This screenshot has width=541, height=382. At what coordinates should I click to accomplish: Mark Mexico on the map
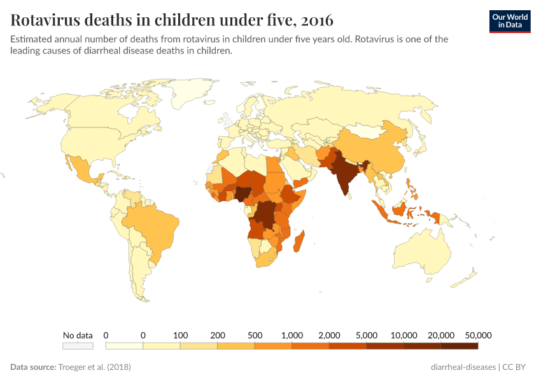[80, 169]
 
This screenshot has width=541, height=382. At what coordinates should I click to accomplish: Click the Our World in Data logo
[510, 20]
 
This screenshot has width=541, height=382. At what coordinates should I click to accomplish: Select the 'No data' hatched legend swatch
[78, 346]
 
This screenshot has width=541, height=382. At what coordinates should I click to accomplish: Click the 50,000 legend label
[478, 335]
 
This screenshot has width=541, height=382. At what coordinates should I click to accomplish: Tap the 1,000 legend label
[292, 335]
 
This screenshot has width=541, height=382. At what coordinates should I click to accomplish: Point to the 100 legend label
[180, 335]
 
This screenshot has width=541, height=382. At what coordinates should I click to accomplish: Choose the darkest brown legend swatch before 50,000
[459, 346]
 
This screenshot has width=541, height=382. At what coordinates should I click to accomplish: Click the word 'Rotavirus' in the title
[47, 20]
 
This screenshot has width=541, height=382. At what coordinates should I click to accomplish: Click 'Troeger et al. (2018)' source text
[94, 367]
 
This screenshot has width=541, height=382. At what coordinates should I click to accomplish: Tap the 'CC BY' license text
[516, 367]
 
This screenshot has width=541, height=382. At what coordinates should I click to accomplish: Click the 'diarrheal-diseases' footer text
[463, 367]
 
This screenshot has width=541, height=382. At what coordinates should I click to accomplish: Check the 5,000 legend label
[367, 335]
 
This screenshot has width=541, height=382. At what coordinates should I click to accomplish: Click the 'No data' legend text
[78, 335]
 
